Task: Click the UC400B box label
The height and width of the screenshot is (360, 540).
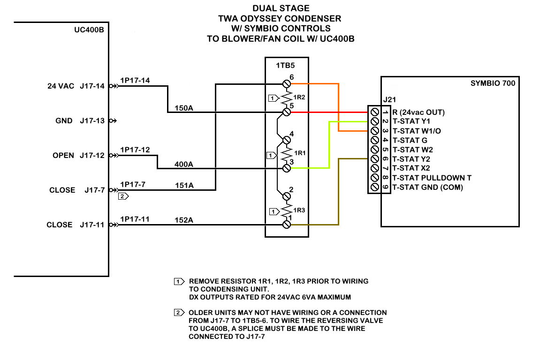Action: tap(89, 30)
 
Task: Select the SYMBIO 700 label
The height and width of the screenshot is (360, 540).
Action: tap(493, 83)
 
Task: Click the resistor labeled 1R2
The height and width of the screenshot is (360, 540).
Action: tap(287, 97)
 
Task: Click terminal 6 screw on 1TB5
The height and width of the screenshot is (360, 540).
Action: tap(287, 84)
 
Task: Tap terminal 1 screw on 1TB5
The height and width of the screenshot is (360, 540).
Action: tap(287, 225)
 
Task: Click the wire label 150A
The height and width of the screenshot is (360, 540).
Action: tap(184, 108)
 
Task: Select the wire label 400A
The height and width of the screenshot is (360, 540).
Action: tap(184, 165)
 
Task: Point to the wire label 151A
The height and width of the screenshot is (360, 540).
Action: tap(184, 186)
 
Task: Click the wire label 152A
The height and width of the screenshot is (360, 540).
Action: tap(184, 220)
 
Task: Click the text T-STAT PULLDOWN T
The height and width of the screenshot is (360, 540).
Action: tap(432, 178)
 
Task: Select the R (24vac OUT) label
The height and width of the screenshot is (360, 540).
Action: tap(418, 112)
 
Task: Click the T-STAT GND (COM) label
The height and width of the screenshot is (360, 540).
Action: tap(427, 187)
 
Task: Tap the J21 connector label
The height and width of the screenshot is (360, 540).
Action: tap(389, 99)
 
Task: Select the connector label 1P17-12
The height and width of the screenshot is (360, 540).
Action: tap(135, 150)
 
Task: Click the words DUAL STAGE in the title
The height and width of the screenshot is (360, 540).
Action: tap(281, 8)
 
